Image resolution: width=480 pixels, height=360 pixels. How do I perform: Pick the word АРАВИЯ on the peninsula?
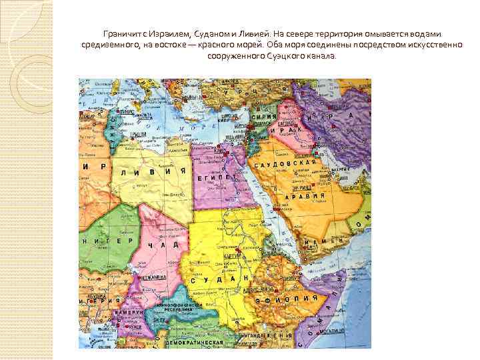point(305,196)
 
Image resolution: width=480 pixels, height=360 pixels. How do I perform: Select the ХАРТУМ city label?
point(232,254)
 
